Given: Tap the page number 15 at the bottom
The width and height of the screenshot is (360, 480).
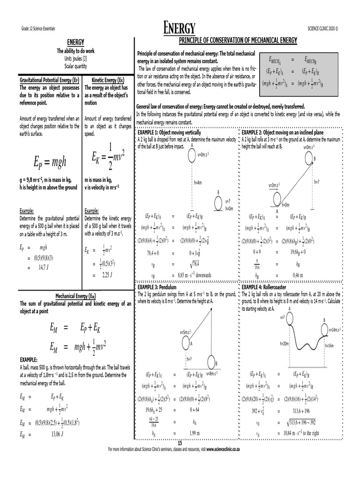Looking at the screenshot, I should click(x=179, y=442).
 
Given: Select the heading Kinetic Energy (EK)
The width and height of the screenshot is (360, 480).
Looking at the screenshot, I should click(x=108, y=80).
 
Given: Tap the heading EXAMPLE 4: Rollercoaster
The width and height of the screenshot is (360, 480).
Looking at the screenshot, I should click(x=263, y=286).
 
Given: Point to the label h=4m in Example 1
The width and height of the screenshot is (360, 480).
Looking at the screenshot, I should click(x=198, y=182).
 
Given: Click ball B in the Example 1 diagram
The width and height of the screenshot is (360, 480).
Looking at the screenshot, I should click(x=218, y=203).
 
